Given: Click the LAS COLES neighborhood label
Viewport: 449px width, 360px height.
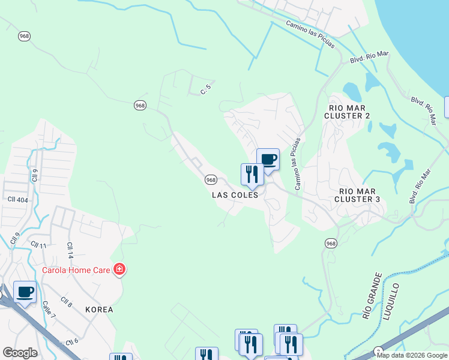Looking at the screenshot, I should pos(235,195).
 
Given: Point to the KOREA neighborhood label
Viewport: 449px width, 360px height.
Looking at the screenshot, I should pos(99,310).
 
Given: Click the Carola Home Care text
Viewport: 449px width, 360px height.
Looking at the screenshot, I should pos(76,270).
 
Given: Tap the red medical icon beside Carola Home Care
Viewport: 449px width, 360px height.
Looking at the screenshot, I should pos(119,269).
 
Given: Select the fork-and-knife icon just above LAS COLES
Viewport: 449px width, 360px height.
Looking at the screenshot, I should pos(252,174).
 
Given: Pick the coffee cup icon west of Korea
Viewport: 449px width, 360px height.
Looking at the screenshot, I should pos(25,292).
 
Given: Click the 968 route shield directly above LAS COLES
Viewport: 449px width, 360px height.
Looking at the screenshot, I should pos(211,180).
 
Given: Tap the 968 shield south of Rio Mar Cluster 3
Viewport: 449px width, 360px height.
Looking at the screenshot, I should pos(331,243).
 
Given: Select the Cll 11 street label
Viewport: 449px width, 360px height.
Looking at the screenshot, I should pos(38,245).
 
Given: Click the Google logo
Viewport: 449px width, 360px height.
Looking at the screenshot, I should pos(20,353).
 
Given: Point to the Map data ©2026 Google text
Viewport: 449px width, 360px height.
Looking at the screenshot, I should pos(412,355).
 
